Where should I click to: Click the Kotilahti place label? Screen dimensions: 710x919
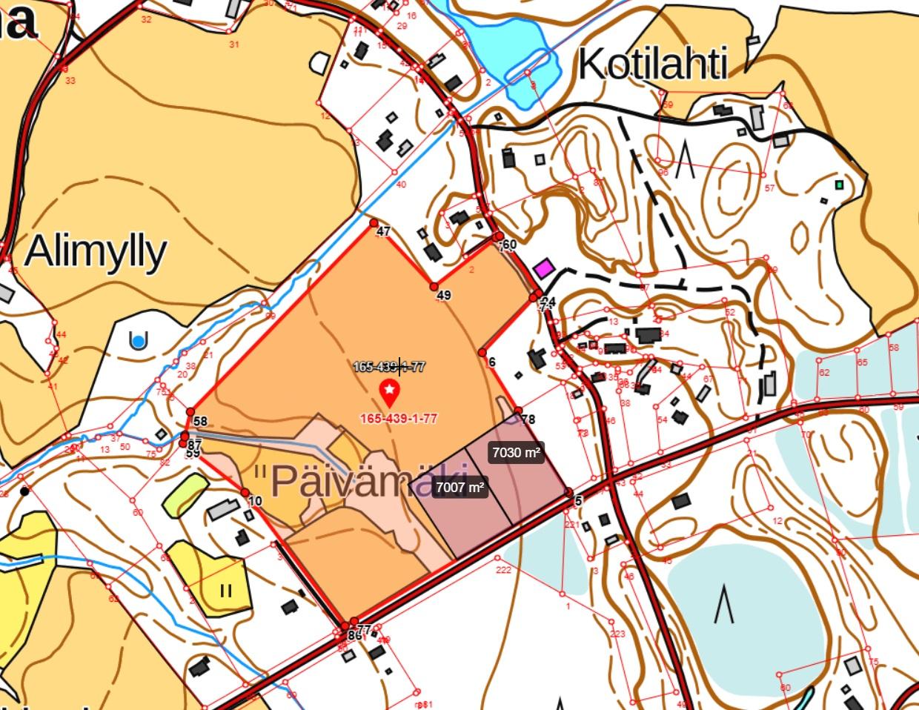tap(652, 65)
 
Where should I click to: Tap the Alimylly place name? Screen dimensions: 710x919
tap(95, 252)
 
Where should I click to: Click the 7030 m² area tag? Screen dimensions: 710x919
tap(516, 452)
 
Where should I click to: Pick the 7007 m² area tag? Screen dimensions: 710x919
tap(459, 487)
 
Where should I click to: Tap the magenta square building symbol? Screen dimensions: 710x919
tap(545, 268)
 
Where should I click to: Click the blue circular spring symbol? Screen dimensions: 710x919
tap(138, 341)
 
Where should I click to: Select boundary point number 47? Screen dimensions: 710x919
tap(374, 223)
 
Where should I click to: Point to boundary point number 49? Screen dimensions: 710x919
tap(434, 286)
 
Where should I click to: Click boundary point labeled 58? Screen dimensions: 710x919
tap(190, 412)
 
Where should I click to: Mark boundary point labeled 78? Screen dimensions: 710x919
tap(518, 411)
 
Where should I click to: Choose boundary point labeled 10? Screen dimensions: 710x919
tap(245, 492)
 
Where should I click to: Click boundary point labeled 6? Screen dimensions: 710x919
tap(482, 353)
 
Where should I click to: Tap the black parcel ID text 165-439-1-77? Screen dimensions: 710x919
tap(388, 366)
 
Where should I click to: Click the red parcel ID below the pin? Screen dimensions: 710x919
tap(398, 418)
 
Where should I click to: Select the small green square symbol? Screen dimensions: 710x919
tap(839, 185)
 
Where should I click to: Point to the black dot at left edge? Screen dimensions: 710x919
tap(24, 491)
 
